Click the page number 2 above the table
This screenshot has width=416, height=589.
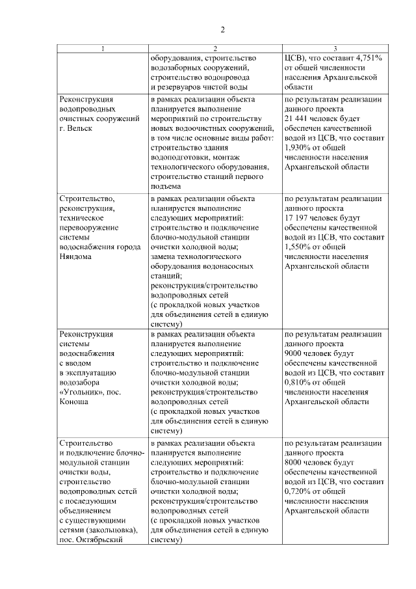tap(222, 29)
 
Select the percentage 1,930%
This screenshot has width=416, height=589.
tap(298, 148)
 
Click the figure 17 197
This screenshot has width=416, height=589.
tap(300, 218)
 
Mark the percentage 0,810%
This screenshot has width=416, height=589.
tap(298, 383)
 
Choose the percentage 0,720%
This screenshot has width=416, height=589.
tap(298, 491)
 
